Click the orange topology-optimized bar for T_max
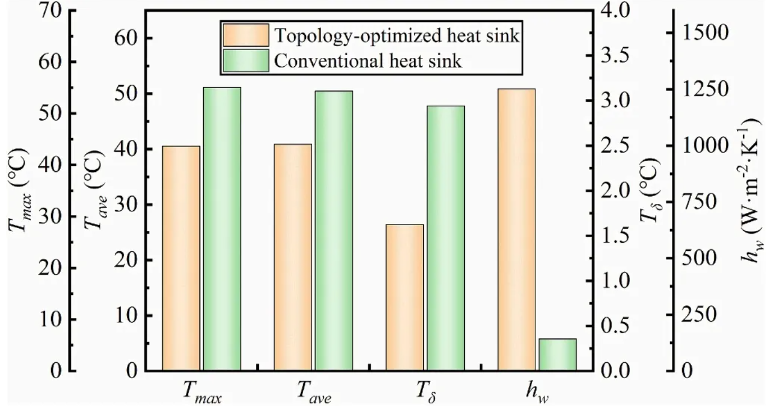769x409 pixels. (181, 258)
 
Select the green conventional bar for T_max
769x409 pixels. (222, 229)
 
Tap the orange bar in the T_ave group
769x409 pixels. (292, 257)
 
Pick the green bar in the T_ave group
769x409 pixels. (333, 230)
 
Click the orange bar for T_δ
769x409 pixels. (404, 297)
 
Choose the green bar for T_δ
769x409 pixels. (446, 238)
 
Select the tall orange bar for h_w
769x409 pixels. (516, 230)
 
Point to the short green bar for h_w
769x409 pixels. (557, 355)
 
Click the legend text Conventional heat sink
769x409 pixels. (368, 60)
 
